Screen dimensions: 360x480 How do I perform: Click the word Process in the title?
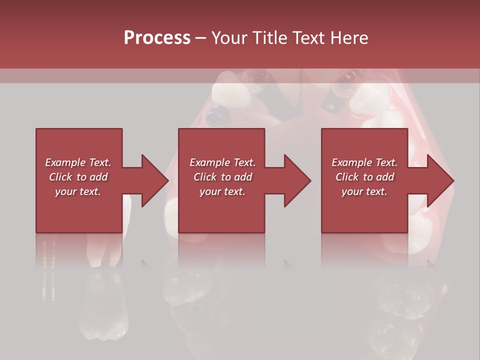157,38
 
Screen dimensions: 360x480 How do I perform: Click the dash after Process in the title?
201,38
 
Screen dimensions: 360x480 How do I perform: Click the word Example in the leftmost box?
65,162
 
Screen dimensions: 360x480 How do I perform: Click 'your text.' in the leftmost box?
78,191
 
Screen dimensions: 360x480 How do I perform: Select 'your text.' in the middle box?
222,191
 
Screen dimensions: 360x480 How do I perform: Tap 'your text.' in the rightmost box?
364,191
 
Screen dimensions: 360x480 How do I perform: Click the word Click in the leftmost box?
61,177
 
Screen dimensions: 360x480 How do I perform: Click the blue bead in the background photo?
218,116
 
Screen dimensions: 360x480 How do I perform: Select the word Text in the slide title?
311,38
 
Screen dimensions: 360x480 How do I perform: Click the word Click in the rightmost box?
347,177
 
